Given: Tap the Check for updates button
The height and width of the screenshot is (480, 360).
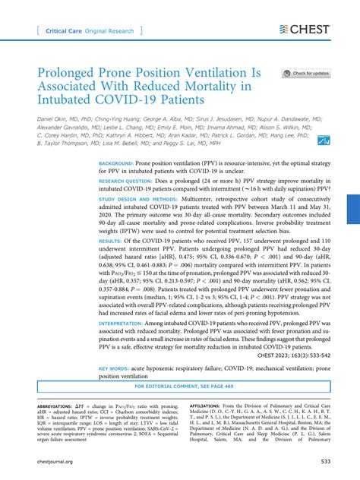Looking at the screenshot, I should pyautogui.click(x=308, y=74).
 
